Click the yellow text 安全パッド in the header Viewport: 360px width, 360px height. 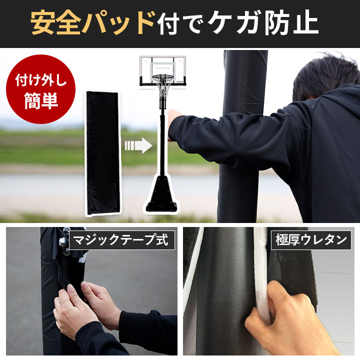click(93, 22)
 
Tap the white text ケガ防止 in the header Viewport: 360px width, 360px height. click(263, 22)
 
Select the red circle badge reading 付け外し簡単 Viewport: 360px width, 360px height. click(40, 89)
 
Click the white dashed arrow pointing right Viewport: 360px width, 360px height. click(138, 145)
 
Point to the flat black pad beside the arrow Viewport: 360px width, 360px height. click(103, 153)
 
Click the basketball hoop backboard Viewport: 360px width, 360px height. click(162, 70)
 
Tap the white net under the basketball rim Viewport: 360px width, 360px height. click(163, 86)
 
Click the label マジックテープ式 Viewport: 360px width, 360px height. click(122, 240)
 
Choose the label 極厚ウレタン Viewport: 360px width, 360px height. click(311, 240)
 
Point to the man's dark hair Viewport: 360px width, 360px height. click(323, 73)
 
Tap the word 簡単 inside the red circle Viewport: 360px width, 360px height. click(41, 100)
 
